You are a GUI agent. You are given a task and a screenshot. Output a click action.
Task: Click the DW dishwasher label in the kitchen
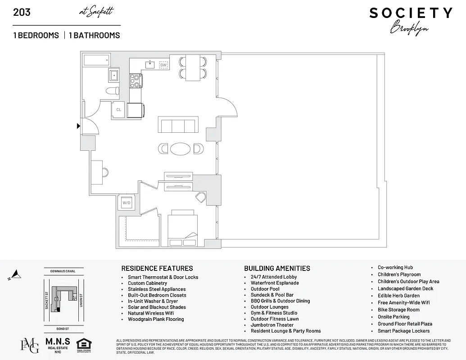click(x=163, y=65)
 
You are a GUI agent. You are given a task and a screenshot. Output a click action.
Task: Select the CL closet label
click(x=119, y=109)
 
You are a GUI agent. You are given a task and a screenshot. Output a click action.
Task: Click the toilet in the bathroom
click(x=112, y=90)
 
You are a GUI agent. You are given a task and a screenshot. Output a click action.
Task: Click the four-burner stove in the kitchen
click(x=136, y=81)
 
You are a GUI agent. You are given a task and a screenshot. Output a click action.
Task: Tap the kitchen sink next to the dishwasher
click(x=149, y=65)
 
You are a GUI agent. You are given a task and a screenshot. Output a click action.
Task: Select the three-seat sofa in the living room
click(x=177, y=126)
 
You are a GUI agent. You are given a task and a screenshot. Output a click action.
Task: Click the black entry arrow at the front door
click(x=78, y=126)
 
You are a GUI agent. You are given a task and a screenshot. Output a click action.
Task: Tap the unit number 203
click(x=22, y=12)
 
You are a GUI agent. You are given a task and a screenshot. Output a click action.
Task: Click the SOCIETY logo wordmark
click(x=411, y=13)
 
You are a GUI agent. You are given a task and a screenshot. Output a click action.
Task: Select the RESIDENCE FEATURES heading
click(x=157, y=268)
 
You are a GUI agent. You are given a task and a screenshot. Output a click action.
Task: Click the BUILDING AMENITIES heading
click(x=277, y=268)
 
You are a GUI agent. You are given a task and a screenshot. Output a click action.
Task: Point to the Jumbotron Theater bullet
click(x=272, y=325)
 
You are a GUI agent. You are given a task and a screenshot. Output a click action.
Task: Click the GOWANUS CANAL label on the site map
click(x=63, y=271)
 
